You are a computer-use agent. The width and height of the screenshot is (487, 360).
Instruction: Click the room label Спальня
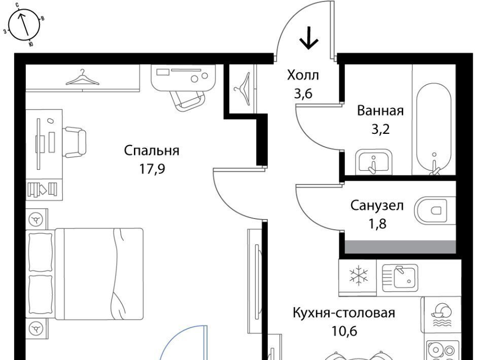tap(152, 151)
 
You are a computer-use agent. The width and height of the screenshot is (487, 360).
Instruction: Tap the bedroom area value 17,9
tap(152, 169)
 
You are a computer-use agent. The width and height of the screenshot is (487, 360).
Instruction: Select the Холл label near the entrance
tap(303, 75)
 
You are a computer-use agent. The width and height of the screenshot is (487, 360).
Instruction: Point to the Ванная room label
tap(380, 111)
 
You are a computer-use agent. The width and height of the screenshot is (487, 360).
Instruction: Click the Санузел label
tap(377, 205)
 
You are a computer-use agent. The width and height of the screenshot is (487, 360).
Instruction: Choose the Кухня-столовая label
tap(344, 312)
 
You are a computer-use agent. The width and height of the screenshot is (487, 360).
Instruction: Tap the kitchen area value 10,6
tap(344, 331)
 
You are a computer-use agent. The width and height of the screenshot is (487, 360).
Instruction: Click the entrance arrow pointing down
tap(309, 38)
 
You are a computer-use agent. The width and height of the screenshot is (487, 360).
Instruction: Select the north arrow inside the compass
tap(24, 24)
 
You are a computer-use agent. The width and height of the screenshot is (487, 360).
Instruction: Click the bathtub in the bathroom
tap(434, 128)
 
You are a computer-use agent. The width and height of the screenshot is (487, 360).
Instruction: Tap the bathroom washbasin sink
tap(373, 162)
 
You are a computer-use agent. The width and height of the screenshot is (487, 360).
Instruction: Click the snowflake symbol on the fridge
tap(359, 275)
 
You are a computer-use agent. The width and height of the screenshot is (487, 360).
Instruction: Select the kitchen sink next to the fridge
tap(400, 278)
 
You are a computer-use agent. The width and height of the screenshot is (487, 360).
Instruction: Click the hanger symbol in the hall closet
tap(243, 89)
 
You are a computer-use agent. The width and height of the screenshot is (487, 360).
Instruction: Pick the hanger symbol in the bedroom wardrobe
tap(82, 78)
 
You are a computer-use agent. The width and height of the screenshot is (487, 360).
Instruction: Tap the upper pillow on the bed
tap(41, 251)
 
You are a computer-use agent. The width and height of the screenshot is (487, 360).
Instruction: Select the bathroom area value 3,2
tap(380, 129)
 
